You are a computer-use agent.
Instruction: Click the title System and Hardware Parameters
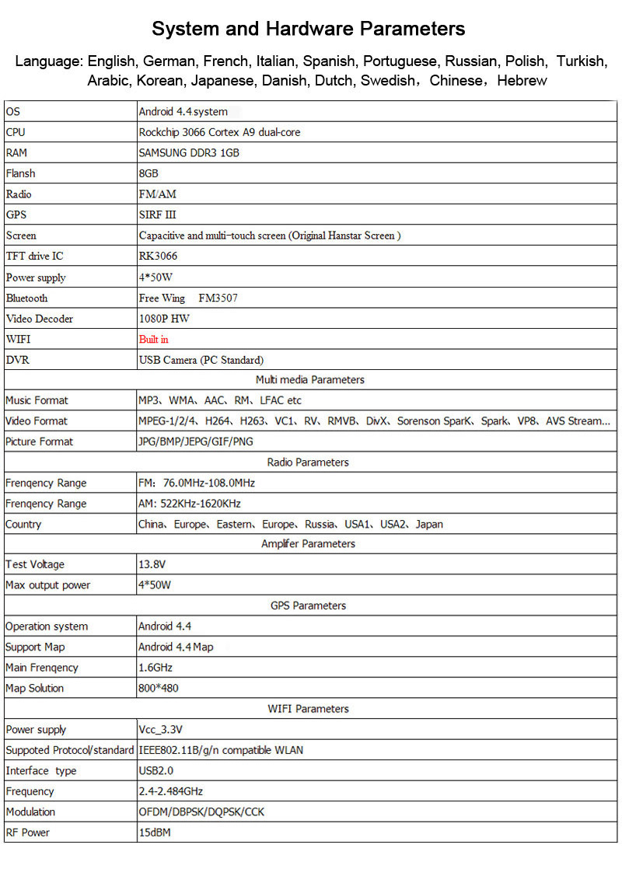pos(309,29)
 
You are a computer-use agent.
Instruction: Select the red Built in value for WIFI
pos(153,339)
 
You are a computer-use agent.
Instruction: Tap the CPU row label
pos(16,132)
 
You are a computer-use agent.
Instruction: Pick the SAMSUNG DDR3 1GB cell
pos(189,152)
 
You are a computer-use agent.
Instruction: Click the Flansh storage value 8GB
pos(149,173)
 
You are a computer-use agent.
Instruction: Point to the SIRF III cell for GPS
pos(157,215)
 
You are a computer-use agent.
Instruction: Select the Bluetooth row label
pos(26,298)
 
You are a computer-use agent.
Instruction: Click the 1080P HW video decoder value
pos(164,319)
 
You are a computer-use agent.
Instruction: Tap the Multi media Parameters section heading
pos(309,379)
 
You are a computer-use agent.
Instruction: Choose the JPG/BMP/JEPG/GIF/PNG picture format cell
pos(195,441)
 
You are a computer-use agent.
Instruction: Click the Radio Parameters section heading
pos(308,462)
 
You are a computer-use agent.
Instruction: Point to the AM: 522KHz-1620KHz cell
pos(189,504)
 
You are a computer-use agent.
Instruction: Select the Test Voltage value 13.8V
pos(152,564)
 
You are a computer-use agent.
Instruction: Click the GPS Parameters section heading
pos(308,606)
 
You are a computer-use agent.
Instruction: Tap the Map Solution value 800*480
pos(160,688)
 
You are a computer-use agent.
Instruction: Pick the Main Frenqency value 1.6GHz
pos(155,667)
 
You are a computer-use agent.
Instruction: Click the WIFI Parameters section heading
pos(308,709)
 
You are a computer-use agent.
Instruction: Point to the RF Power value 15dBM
pos(154,832)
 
